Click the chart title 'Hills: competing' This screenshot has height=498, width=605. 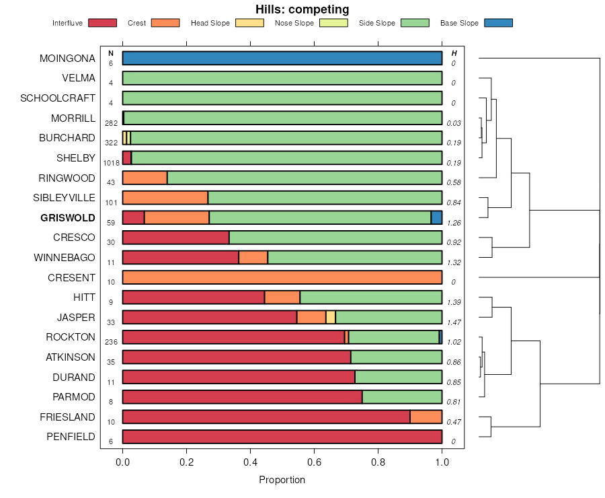click(302, 9)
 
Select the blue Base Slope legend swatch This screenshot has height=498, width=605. click(498, 23)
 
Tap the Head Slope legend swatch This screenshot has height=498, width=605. click(249, 23)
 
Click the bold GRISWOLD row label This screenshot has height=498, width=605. click(67, 218)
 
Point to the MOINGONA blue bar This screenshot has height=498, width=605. click(282, 58)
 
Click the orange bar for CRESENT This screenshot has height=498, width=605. click(282, 277)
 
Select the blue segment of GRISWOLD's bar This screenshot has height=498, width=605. click(436, 217)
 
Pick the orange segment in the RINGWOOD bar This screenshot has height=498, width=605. click(145, 178)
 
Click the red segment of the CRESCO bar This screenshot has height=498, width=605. click(175, 238)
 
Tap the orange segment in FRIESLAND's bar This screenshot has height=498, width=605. click(426, 417)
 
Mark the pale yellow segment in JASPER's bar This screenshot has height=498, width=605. click(330, 317)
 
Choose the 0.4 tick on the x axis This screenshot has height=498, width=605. click(250, 462)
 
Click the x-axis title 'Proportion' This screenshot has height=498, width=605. click(282, 480)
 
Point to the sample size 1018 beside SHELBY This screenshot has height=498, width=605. click(111, 163)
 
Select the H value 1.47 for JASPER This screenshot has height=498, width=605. click(454, 322)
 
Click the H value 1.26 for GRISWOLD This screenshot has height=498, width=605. click(454, 223)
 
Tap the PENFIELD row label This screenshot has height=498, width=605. click(71, 437)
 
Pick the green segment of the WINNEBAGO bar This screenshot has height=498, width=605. click(355, 257)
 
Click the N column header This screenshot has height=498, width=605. click(111, 53)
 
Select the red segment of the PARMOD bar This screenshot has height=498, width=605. click(242, 397)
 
